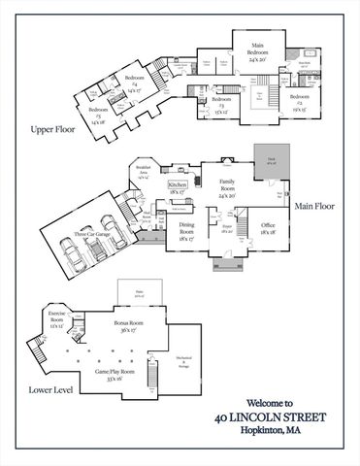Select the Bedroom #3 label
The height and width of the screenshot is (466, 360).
[222, 102]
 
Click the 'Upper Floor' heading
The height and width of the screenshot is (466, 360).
[52, 128]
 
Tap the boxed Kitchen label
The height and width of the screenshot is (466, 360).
[178, 184]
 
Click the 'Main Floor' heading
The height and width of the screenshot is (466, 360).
[314, 207]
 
